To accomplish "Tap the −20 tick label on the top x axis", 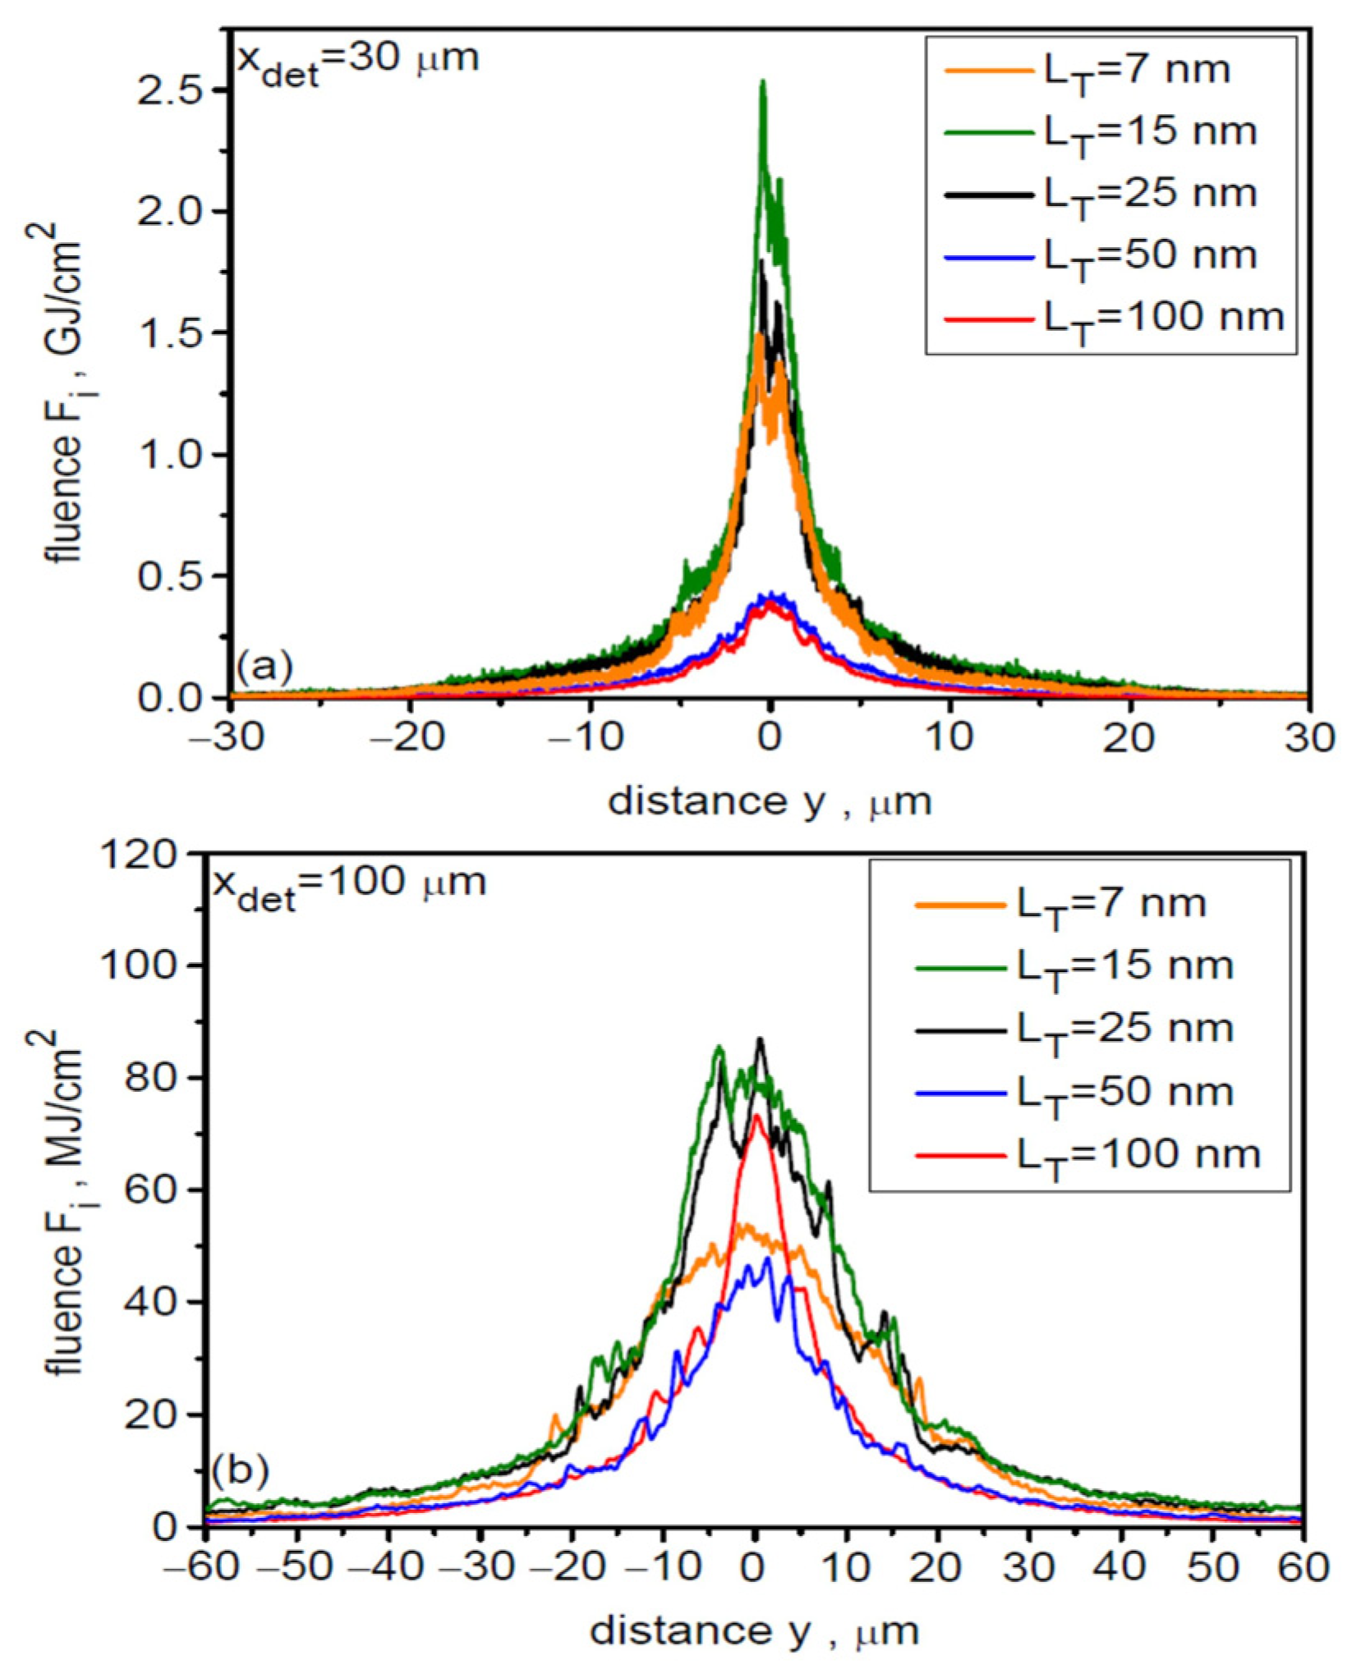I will pyautogui.click(x=408, y=736).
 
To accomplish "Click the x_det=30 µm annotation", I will pyautogui.click(x=358, y=62).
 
